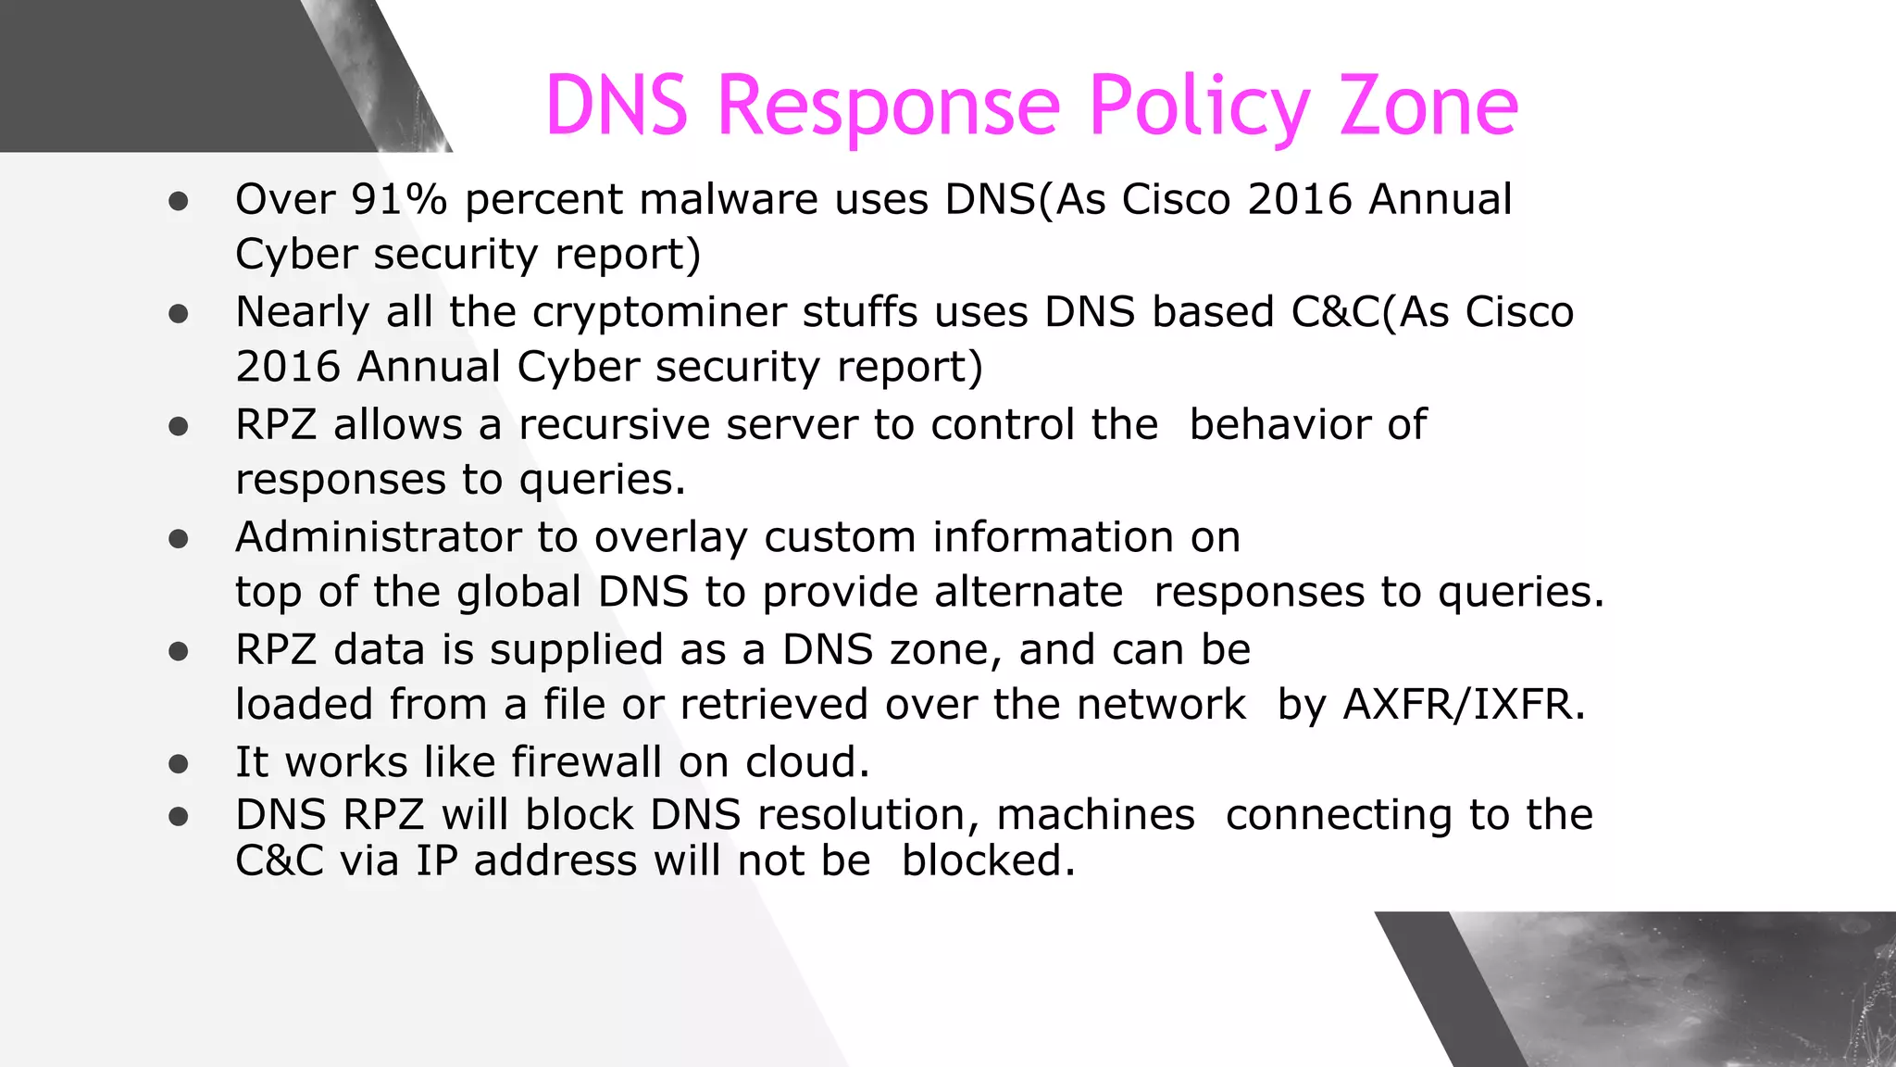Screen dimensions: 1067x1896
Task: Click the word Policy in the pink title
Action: click(1199, 106)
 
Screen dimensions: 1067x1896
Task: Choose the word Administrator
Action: click(379, 537)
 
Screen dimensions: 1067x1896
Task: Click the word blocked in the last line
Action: click(988, 860)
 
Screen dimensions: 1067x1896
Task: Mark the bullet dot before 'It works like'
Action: click(179, 764)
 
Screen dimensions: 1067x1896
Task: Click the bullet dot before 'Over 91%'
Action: click(179, 202)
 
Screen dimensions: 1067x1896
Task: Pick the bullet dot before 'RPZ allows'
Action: click(179, 427)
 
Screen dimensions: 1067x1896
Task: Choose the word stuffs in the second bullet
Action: click(860, 312)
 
